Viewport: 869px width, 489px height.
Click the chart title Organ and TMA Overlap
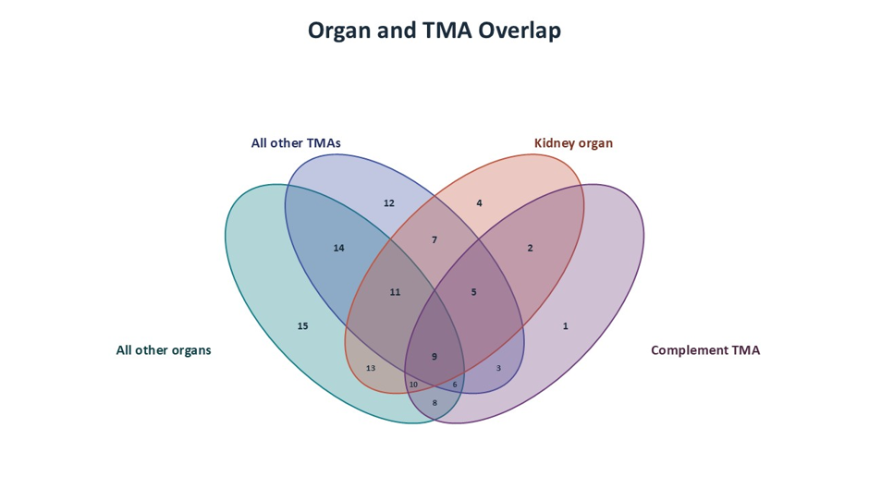[434, 31]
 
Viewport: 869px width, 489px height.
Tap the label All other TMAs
[296, 143]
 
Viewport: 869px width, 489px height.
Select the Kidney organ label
[573, 143]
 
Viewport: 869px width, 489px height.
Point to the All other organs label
[164, 350]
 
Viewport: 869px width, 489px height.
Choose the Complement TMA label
[705, 350]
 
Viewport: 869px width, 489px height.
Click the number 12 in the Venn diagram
[389, 203]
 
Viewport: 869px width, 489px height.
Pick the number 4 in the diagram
[480, 203]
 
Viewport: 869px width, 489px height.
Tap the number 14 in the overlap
[338, 249]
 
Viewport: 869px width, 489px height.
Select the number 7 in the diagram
[434, 240]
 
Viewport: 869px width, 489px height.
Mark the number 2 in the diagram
[530, 249]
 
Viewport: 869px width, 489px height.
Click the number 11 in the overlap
[395, 292]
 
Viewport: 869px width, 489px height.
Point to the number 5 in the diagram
[474, 292]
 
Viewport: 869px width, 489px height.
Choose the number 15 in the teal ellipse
[302, 326]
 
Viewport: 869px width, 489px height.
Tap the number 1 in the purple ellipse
[565, 326]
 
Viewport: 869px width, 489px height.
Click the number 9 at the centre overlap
[434, 357]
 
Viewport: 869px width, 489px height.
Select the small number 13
[371, 368]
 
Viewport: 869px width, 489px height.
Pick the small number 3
[498, 368]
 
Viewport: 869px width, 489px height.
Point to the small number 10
[413, 385]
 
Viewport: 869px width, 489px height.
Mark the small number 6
[455, 385]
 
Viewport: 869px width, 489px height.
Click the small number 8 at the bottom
[434, 403]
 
